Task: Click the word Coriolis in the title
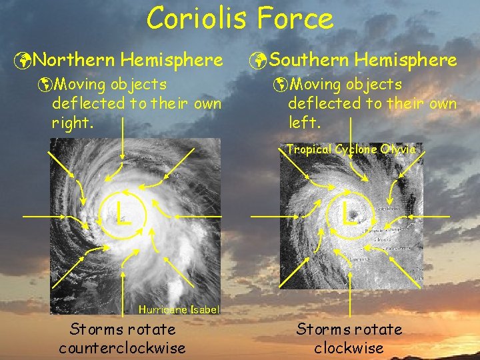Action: pyautogui.click(x=200, y=18)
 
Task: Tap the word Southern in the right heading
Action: pyautogui.click(x=309, y=61)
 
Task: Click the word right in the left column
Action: pyautogui.click(x=71, y=123)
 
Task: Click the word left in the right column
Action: pyautogui.click(x=304, y=123)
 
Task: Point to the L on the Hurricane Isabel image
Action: pyautogui.click(x=121, y=214)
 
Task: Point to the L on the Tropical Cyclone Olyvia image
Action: pyautogui.click(x=348, y=214)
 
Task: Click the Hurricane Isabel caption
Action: pyautogui.click(x=179, y=309)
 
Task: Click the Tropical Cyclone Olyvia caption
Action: pyautogui.click(x=351, y=149)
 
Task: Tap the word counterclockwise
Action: pyautogui.click(x=122, y=347)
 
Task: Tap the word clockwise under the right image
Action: pyautogui.click(x=349, y=347)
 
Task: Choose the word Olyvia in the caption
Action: pyautogui.click(x=398, y=149)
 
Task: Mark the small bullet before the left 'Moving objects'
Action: pyautogui.click(x=45, y=85)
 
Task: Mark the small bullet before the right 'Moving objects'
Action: pyautogui.click(x=282, y=85)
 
